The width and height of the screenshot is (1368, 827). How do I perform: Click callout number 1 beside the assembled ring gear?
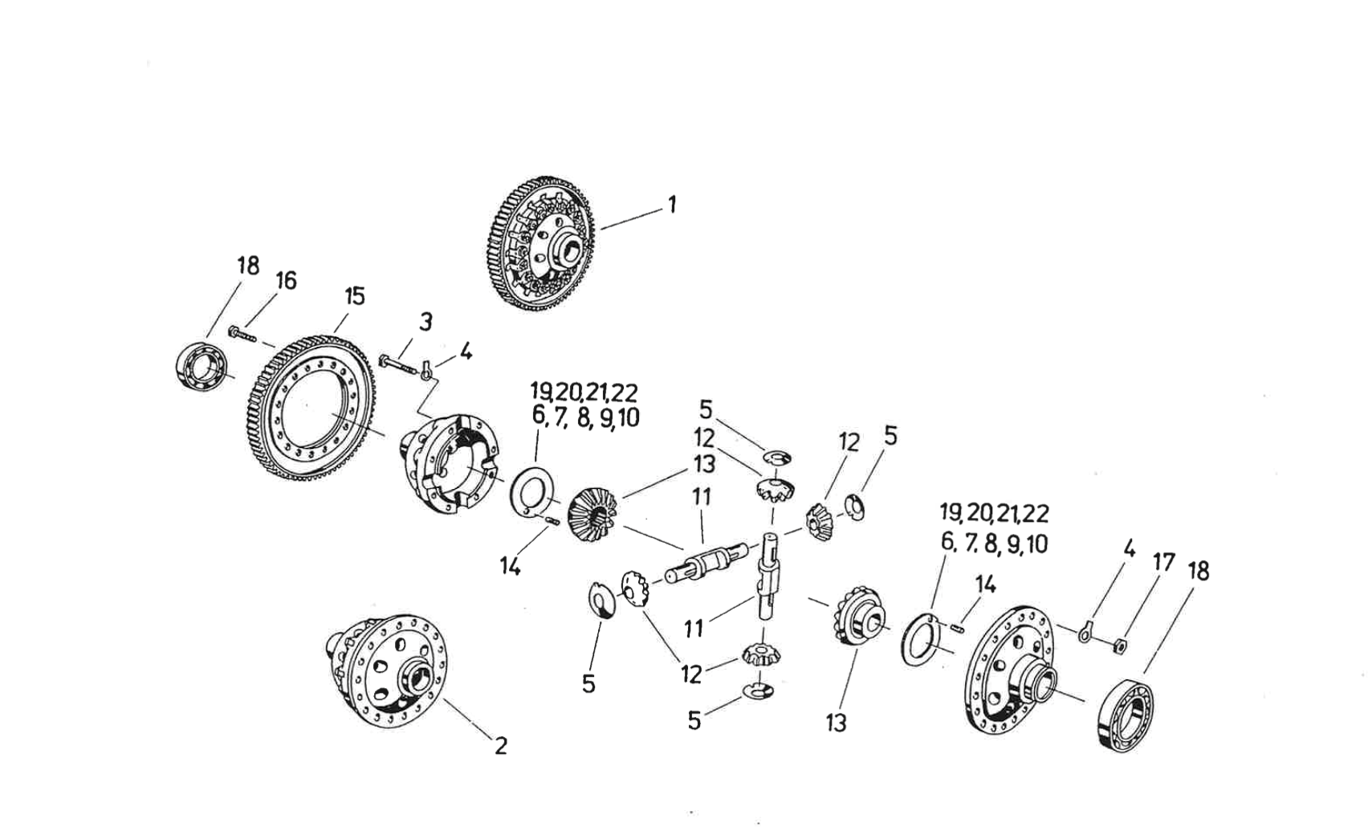[672, 205]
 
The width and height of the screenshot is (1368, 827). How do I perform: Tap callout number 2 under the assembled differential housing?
[500, 746]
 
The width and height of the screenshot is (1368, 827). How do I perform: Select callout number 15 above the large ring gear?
[354, 296]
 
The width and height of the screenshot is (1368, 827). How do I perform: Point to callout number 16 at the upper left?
[286, 280]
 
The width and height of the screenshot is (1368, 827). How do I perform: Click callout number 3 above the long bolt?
[425, 322]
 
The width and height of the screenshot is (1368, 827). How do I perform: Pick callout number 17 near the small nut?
[1164, 562]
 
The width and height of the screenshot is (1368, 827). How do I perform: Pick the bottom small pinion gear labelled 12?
[757, 654]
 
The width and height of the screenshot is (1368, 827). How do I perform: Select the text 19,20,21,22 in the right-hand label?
[994, 513]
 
